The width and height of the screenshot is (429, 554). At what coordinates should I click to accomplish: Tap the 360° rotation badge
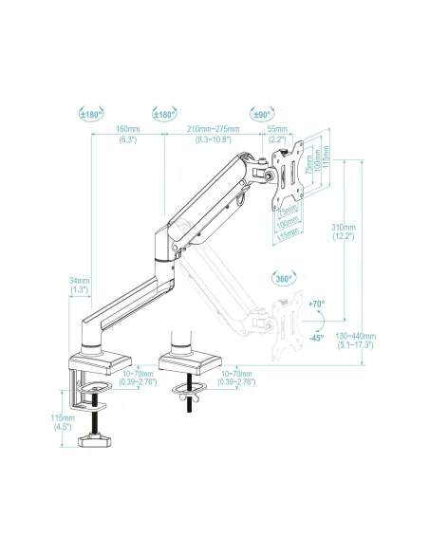tap(283, 280)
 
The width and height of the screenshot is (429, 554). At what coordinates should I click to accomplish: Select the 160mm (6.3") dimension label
tap(128, 134)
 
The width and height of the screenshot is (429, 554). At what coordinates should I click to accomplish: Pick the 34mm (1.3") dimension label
tap(80, 286)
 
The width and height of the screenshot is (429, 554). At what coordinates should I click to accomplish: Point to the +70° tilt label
tap(316, 304)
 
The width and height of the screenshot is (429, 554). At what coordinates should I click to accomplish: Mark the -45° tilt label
tap(316, 337)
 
